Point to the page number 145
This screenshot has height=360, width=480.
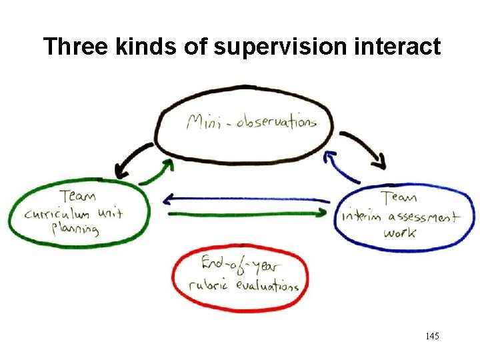431,337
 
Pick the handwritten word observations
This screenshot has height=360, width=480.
275,122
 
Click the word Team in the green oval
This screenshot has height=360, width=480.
77,197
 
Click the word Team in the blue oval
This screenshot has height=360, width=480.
399,197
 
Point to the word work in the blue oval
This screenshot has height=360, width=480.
399,233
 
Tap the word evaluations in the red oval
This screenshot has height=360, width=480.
266,285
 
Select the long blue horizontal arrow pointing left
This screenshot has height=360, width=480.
247,199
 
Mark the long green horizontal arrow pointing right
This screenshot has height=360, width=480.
247,213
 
